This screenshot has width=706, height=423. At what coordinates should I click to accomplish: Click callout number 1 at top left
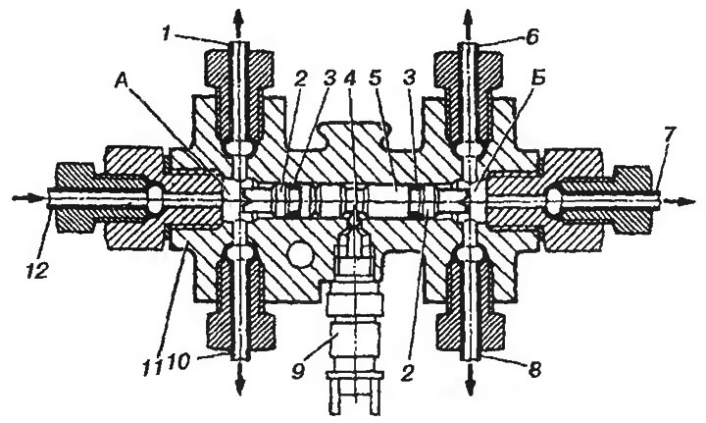point(167,33)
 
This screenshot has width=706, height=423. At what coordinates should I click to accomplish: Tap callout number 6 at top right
point(531,36)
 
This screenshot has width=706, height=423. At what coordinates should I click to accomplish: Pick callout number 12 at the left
point(37,272)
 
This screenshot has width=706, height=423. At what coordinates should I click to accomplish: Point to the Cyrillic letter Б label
point(538,78)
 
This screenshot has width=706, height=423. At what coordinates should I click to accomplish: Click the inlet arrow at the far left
point(29,198)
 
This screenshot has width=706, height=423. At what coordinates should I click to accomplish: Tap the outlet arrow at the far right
point(679,201)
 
